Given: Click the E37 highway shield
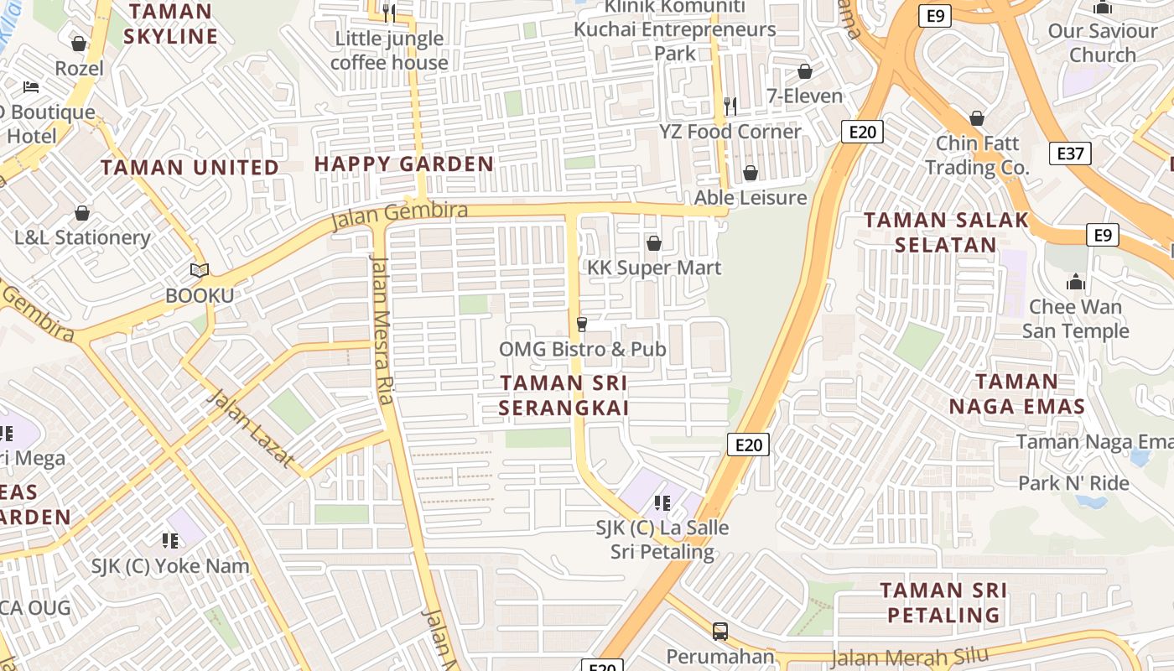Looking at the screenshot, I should pos(1071,153).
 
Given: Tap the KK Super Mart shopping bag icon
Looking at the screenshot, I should pos(654,243).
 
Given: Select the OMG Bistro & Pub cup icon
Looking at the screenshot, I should pos(581,324).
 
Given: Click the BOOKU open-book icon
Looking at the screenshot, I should pos(199,270).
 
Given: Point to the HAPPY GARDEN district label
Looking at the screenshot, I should pos(403,164).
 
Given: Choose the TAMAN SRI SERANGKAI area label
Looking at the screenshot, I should pos(564,395).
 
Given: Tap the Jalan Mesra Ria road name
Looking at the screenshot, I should pos(382,329).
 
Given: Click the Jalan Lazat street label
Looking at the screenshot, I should pos(251,429).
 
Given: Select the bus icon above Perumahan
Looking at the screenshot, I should pos(719,631).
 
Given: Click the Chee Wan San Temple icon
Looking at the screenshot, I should pos(1075,282).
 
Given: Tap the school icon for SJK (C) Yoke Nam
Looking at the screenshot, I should pos(170,540).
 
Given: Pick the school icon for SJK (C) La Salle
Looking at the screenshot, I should pos(662,502).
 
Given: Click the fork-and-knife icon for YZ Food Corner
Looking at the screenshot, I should pos(730,106).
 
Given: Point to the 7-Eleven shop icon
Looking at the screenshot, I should pos(805,71).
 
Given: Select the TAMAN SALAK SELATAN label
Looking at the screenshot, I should pos(946,232).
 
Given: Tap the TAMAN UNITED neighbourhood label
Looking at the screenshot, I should pos(190,167).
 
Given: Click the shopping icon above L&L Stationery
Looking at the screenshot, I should pos(82,213).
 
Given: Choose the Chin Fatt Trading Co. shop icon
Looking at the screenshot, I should pos(977,118).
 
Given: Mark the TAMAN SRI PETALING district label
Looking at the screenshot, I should pos(943,602).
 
